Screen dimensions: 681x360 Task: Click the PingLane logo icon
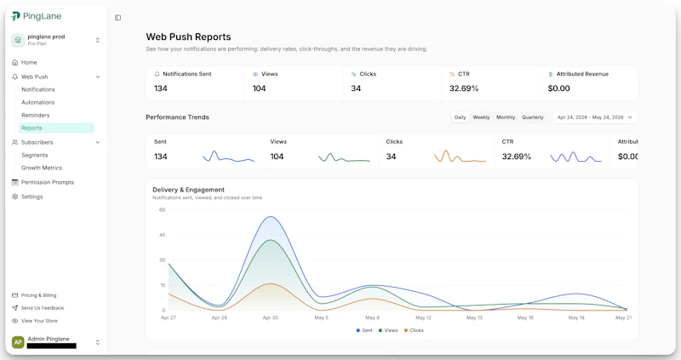pos(15,16)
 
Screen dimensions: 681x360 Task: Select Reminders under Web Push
pos(36,115)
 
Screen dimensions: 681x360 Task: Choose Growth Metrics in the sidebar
pos(42,168)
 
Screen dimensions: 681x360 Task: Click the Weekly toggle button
pos(481,117)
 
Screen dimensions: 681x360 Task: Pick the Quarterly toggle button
pos(533,117)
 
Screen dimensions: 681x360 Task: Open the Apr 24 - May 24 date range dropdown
pos(594,117)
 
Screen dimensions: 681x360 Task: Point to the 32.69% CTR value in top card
pos(464,89)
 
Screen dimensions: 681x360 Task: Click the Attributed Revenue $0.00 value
pos(558,89)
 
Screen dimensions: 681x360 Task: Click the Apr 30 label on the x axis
pos(270,318)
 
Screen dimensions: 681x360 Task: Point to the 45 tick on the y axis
pos(162,235)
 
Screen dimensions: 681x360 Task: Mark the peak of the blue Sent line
pos(271,216)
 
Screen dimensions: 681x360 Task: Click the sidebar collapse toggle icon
pos(117,18)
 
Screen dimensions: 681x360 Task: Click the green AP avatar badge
pos(18,342)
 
